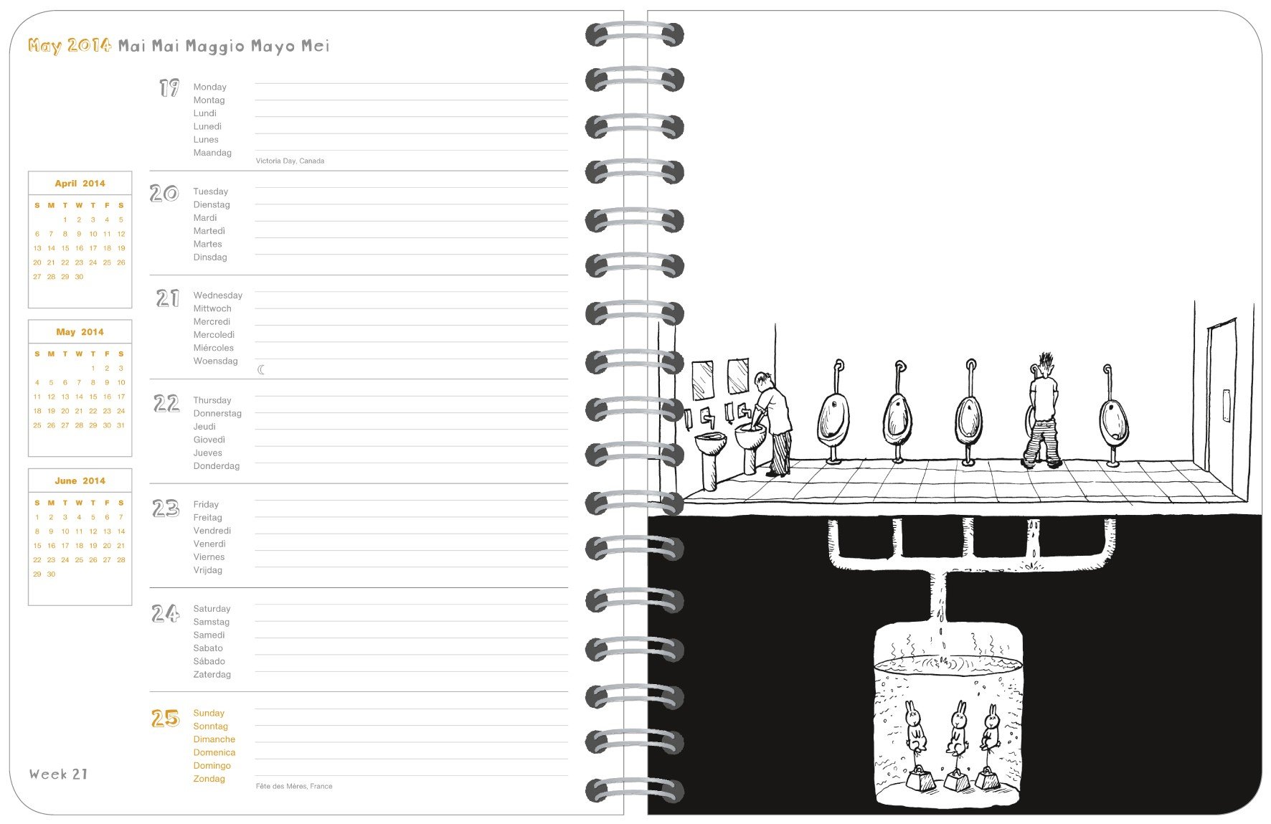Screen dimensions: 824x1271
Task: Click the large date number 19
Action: pos(169,88)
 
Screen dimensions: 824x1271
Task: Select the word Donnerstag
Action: pos(217,413)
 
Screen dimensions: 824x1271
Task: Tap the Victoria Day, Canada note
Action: pos(290,161)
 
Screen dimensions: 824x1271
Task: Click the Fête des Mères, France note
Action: pos(293,786)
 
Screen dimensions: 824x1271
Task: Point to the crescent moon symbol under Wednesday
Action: pos(261,370)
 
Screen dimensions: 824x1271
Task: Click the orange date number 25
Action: pos(165,718)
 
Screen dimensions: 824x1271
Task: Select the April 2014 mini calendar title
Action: pos(80,184)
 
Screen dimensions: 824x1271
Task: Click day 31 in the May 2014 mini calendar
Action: pos(121,425)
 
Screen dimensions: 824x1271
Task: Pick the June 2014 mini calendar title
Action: pos(80,480)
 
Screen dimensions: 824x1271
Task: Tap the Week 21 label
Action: pos(58,774)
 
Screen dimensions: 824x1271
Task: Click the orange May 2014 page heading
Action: pos(70,46)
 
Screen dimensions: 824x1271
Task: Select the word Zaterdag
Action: pos(212,674)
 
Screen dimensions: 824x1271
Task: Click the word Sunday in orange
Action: pos(208,713)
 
